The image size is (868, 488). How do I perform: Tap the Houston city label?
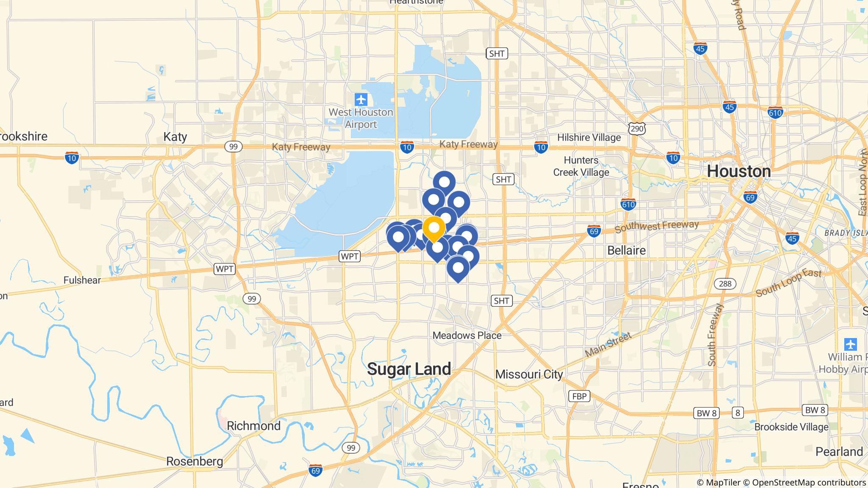pos(739,172)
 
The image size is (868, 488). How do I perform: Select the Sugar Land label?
pos(409,369)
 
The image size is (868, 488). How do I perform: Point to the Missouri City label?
pos(529,374)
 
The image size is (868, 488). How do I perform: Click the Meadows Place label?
pos(467,335)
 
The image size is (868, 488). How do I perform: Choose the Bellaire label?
pos(626,250)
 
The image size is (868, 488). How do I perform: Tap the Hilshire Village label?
pos(589,137)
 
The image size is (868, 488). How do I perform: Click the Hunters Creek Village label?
pos(581,166)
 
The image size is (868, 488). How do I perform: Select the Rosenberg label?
pos(195,461)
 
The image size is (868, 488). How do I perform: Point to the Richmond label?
pos(253,426)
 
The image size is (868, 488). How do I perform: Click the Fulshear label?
pos(82,280)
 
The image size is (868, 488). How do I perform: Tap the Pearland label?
pos(839,452)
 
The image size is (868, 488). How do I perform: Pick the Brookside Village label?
pos(791,427)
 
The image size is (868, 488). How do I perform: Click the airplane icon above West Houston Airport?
pos(361,100)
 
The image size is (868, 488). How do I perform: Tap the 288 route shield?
pos(725,283)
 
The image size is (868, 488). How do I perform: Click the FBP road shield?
pos(579,396)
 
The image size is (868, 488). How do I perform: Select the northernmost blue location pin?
pos(444,183)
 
